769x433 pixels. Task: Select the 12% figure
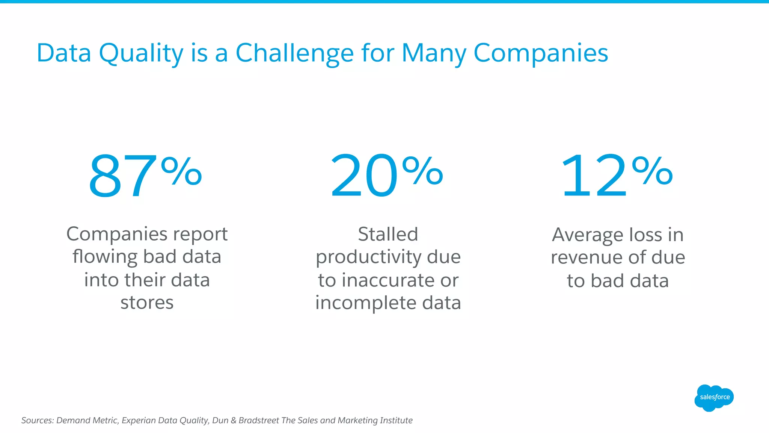coord(616,176)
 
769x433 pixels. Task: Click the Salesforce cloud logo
coord(714,398)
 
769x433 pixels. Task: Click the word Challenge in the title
coord(294,53)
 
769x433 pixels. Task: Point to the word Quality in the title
coord(141,54)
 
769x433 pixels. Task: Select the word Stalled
coord(388,234)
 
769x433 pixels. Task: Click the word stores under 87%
coord(147,303)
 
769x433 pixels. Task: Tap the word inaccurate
coord(388,280)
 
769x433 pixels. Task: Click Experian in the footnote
coord(139,420)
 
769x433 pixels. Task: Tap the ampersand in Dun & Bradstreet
coord(233,420)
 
